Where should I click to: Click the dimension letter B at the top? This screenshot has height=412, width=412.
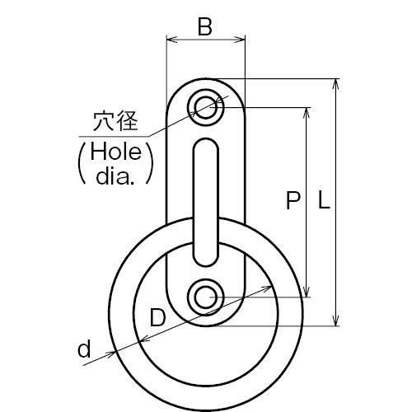[205, 27]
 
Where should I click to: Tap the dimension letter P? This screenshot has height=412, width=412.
[293, 200]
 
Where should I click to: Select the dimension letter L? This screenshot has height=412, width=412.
[324, 200]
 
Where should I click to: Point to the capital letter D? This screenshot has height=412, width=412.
[158, 317]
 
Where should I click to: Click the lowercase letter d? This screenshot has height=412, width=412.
[84, 349]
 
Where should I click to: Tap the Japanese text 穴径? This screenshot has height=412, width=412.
[115, 121]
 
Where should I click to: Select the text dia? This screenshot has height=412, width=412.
[115, 176]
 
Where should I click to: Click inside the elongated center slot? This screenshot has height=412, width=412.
[206, 203]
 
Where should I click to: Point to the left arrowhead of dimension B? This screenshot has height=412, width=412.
[171, 40]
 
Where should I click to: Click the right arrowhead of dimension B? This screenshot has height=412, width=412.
[240, 40]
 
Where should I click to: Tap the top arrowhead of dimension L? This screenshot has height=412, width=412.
[335, 84]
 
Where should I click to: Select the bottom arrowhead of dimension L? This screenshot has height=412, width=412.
[335, 321]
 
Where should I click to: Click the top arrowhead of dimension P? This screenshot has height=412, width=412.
[307, 113]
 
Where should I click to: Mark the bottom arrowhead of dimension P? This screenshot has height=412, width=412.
[307, 292]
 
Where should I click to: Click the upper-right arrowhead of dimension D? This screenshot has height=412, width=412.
[266, 288]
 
